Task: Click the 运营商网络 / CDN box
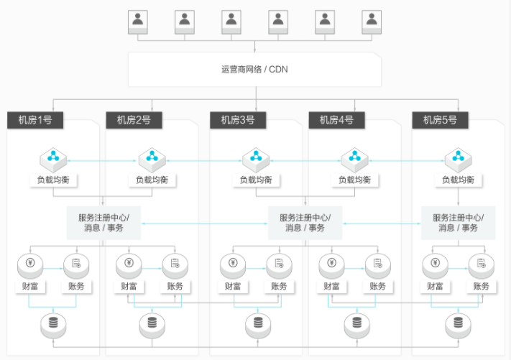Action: pos(255,70)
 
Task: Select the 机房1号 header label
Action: pos(35,120)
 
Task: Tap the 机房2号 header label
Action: pos(134,120)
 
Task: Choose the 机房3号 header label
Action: pos(238,120)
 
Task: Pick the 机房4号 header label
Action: pos(336,120)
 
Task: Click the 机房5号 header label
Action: pos(440,120)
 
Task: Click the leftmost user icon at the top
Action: pos(138,22)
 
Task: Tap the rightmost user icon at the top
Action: pos(372,22)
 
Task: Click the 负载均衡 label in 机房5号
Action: pos(458,180)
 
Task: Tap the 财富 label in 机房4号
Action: pos(331,287)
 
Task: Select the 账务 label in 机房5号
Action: pos(481,287)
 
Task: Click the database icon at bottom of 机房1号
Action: pos(53,326)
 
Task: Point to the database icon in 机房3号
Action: pos(255,326)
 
